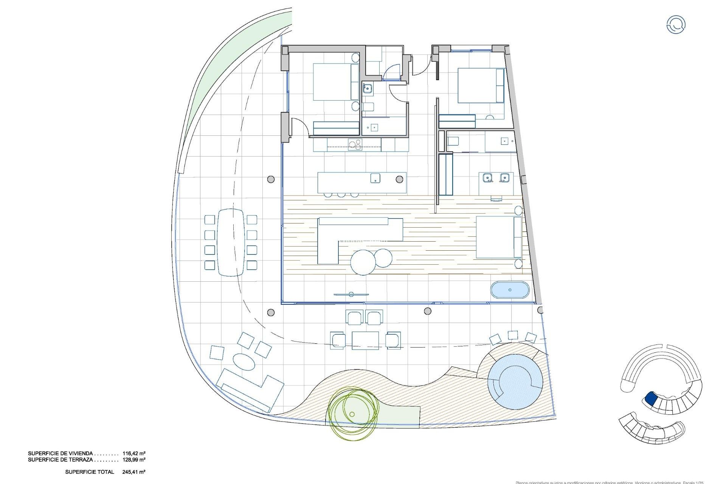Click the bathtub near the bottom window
(x=510, y=290)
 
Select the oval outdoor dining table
(x=231, y=242)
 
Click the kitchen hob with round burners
(x=355, y=144)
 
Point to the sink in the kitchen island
(x=375, y=178)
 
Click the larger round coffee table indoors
(x=363, y=262)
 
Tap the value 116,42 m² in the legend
(x=134, y=453)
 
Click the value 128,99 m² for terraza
(x=134, y=460)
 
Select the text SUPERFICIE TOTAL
(x=90, y=472)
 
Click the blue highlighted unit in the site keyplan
(x=651, y=398)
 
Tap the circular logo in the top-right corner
(x=675, y=25)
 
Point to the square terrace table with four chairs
(x=365, y=340)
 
